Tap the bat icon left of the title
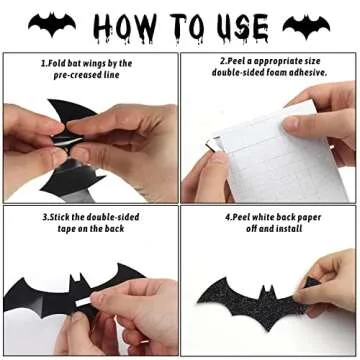(x=51, y=24)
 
